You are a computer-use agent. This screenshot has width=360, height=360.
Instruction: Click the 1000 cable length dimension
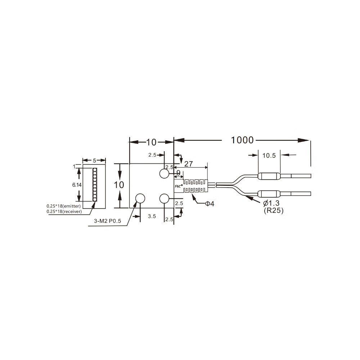coord(242,140)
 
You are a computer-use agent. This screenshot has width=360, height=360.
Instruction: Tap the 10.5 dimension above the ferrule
coord(269,156)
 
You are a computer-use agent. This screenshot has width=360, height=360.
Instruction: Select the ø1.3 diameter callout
coord(271,203)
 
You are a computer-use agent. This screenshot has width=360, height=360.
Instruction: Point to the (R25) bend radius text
coord(274,210)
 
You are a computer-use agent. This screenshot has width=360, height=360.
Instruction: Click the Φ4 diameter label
coord(210,204)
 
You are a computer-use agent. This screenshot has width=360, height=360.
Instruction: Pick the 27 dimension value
coord(189,164)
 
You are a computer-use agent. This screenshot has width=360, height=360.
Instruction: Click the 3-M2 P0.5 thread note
coord(107,221)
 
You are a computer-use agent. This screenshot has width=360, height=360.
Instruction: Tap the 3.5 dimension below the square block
coord(152,216)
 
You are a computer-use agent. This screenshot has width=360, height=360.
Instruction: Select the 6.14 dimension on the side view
coord(77,185)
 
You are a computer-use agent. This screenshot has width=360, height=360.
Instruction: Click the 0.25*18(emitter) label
coord(64,206)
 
